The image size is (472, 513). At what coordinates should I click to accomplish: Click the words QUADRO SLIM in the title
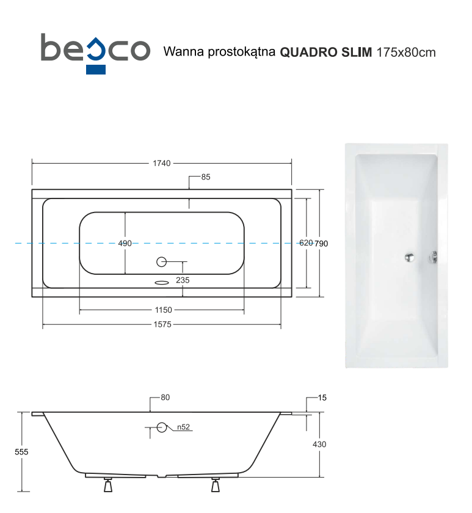click(325, 52)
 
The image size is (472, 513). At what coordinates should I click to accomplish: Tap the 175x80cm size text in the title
click(405, 52)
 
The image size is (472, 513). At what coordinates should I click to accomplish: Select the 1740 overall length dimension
click(162, 163)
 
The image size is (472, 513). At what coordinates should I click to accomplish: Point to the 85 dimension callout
click(206, 177)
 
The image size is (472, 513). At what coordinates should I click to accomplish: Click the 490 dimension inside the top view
click(125, 243)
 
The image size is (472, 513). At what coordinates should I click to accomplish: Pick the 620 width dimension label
click(305, 243)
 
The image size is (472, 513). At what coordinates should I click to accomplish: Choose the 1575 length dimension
click(162, 324)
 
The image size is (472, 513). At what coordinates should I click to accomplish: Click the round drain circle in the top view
click(162, 263)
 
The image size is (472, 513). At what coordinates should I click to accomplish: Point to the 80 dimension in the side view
click(165, 397)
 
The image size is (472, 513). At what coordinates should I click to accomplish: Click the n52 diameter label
click(182, 427)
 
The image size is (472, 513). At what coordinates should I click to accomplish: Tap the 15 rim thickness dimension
click(322, 398)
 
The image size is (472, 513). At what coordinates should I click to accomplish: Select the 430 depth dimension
click(319, 444)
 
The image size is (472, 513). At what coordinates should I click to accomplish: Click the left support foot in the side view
click(109, 486)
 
